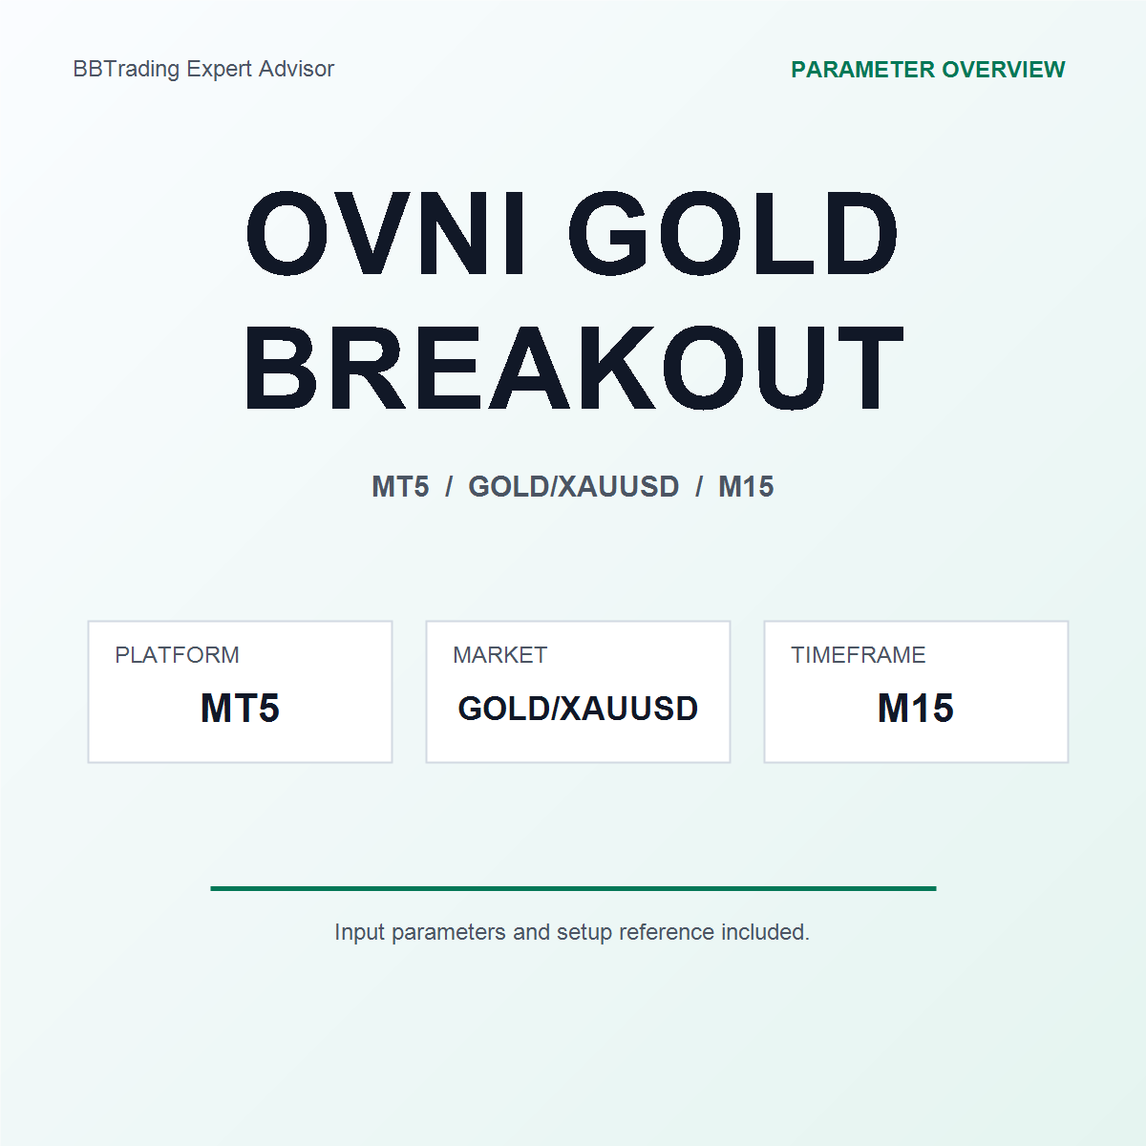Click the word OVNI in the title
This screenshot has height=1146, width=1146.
(x=386, y=234)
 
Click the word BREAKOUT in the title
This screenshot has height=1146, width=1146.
(x=574, y=368)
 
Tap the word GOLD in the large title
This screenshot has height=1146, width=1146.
(x=732, y=234)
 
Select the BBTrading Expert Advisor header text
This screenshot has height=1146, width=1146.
(x=203, y=69)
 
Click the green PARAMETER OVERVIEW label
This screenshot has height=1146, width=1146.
(x=927, y=70)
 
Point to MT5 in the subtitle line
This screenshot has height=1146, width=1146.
(x=400, y=486)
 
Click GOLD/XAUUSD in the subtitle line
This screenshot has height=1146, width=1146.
(x=573, y=486)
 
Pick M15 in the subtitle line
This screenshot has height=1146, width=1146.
(x=746, y=486)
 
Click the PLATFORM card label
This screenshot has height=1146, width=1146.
(x=178, y=655)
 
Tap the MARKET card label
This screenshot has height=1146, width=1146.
(x=500, y=655)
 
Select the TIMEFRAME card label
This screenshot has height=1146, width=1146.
(x=859, y=655)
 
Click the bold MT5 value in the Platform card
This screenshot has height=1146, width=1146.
(x=240, y=708)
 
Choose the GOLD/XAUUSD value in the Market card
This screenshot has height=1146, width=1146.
(x=578, y=709)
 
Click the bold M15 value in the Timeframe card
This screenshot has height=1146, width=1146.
(x=916, y=708)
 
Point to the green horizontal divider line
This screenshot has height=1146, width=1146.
(x=573, y=888)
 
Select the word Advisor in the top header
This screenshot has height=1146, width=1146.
(x=297, y=69)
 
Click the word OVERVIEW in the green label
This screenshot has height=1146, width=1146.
(x=1004, y=70)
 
